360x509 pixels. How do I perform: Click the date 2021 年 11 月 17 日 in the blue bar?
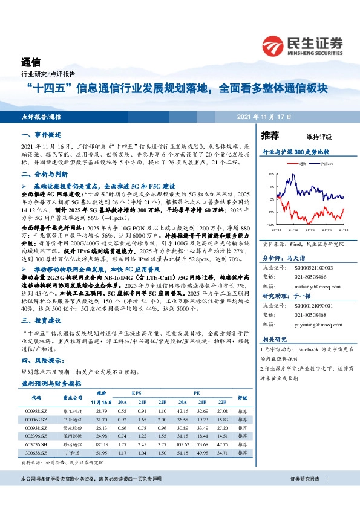pos(264,116)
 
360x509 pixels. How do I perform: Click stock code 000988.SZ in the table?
pos(36,410)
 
